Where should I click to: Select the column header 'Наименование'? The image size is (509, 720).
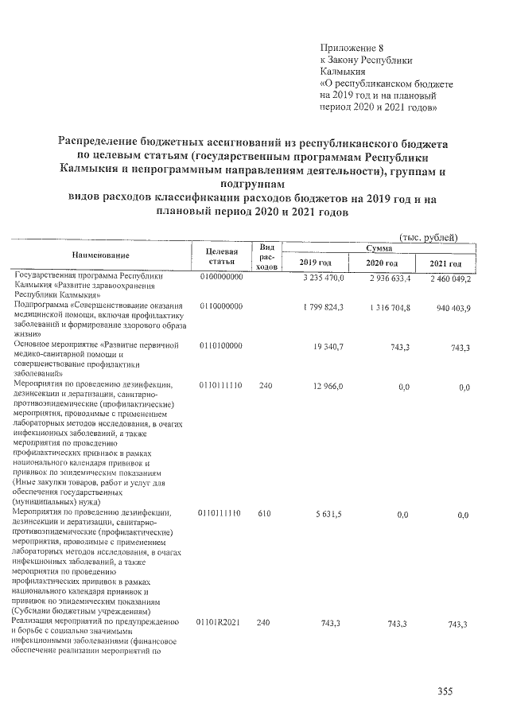(x=100, y=255)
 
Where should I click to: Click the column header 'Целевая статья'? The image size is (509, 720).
(x=221, y=256)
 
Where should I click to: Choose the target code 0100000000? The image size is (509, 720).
(x=222, y=278)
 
